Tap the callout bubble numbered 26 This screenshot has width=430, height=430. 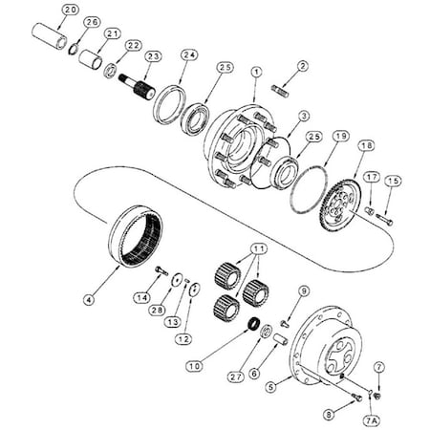click(92, 22)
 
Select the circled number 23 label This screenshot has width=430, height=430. click(151, 56)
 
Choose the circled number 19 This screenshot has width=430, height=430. click(338, 137)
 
